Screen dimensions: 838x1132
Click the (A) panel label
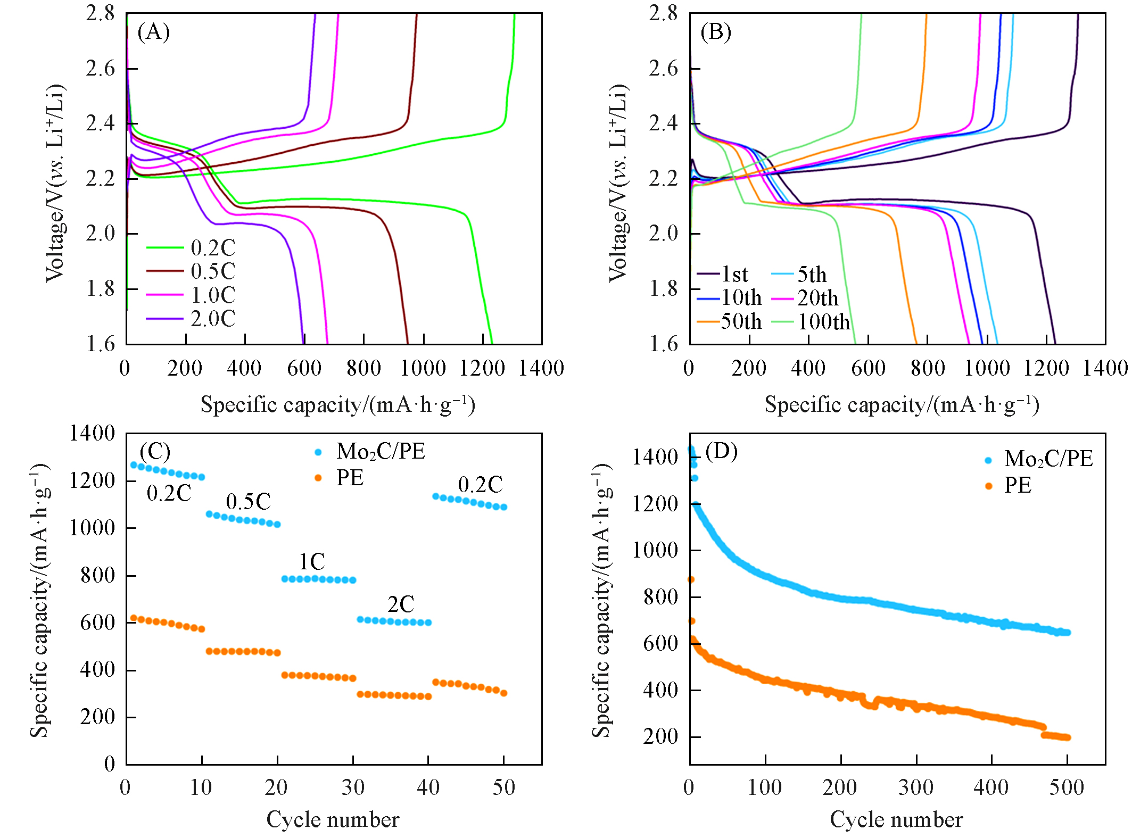(153, 32)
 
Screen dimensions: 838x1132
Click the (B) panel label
(716, 32)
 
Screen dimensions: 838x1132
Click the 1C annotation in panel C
(311, 562)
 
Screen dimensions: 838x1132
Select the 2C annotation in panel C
(401, 604)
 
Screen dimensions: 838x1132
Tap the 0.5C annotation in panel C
(248, 502)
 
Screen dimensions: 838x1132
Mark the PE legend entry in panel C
(350, 478)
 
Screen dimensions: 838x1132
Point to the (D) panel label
(721, 451)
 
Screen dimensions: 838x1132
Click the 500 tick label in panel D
(1067, 787)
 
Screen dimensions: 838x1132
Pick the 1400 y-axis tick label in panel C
(92, 433)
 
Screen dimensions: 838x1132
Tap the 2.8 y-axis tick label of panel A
(101, 13)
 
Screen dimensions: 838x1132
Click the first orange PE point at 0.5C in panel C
(209, 651)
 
